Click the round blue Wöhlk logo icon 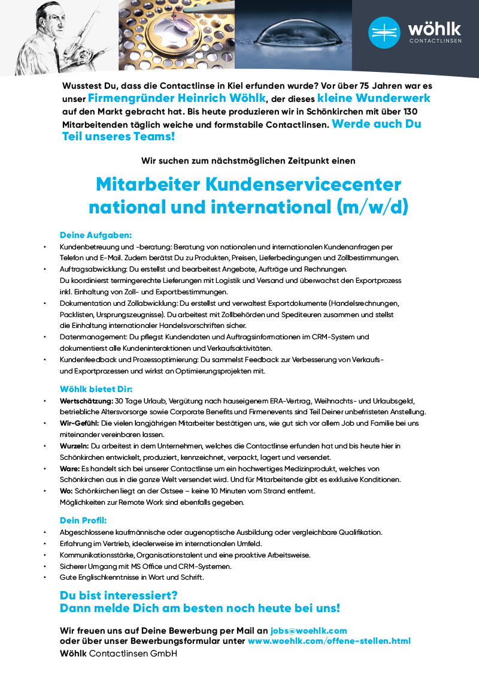[384, 32]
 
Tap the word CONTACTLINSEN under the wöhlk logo [435, 41]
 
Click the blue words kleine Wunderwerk [374, 98]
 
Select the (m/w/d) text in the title [372, 207]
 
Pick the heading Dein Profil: [83, 520]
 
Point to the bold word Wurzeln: [74, 446]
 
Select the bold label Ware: [69, 468]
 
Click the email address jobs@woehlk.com [308, 631]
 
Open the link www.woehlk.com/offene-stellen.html [329, 641]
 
